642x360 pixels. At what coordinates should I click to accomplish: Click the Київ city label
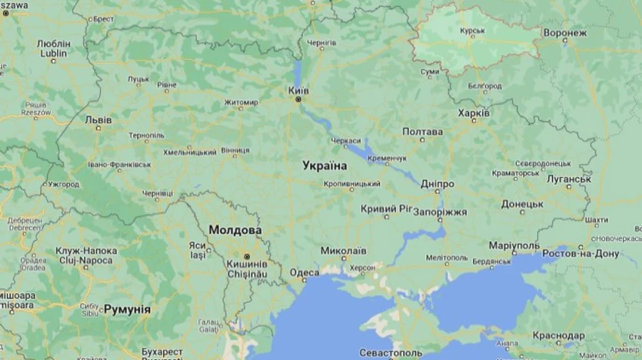(298, 91)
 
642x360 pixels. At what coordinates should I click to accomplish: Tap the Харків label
(474, 113)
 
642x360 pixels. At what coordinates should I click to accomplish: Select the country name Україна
(325, 165)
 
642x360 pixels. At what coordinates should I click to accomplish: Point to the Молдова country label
(235, 230)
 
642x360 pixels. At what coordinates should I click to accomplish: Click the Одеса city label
(305, 272)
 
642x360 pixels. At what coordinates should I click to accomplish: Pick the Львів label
(98, 120)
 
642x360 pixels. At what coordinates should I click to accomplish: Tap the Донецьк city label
(521, 204)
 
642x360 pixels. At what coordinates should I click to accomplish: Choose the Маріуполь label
(514, 245)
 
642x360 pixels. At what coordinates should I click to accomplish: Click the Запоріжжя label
(440, 212)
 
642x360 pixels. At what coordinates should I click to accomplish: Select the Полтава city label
(422, 132)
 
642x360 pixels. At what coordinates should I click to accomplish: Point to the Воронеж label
(564, 33)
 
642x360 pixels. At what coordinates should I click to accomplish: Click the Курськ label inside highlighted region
(472, 31)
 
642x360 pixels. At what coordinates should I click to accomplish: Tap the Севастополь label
(390, 353)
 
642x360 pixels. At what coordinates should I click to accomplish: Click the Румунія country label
(127, 309)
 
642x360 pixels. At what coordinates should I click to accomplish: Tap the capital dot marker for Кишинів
(247, 256)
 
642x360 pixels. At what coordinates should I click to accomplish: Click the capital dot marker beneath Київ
(298, 100)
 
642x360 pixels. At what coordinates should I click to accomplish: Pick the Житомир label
(240, 103)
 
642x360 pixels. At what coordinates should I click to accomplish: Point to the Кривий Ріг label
(387, 209)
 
